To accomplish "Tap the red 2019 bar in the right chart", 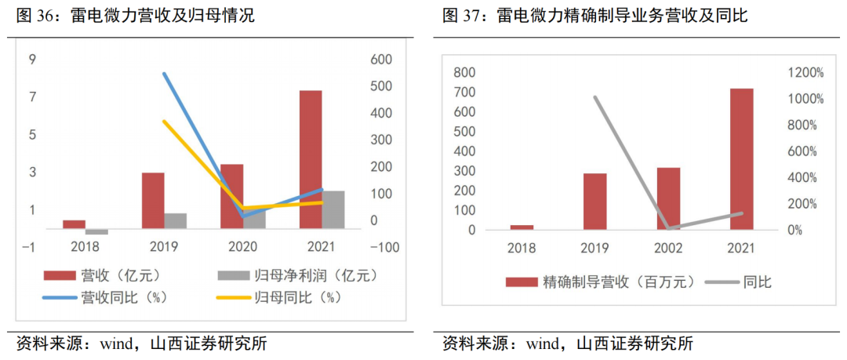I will coord(594,202).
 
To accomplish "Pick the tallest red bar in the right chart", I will coord(741,159).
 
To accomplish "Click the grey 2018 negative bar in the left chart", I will coord(96,231).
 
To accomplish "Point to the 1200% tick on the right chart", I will coord(806,73).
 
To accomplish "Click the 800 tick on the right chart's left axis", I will coord(465,73).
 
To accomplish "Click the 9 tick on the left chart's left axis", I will coord(32,60).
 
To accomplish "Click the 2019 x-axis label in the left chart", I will coord(164,247).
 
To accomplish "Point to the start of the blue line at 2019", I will coord(164,74).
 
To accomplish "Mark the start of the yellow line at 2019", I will coord(164,122).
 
